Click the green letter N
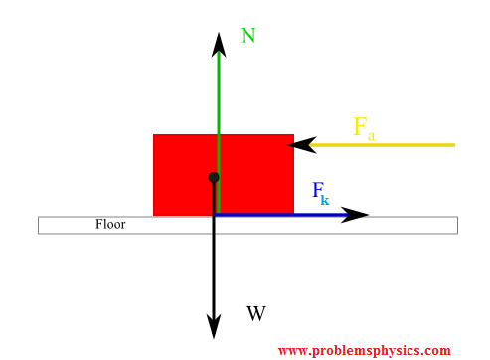click(248, 36)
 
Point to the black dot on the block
click(214, 177)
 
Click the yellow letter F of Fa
click(361, 126)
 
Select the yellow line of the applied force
click(388, 145)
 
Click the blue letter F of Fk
click(318, 189)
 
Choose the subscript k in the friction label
click(325, 200)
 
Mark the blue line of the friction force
click(278, 215)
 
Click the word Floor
click(110, 224)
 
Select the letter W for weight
click(256, 314)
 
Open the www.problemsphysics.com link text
click(364, 350)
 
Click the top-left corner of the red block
click(154, 135)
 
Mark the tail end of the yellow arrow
click(454, 145)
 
